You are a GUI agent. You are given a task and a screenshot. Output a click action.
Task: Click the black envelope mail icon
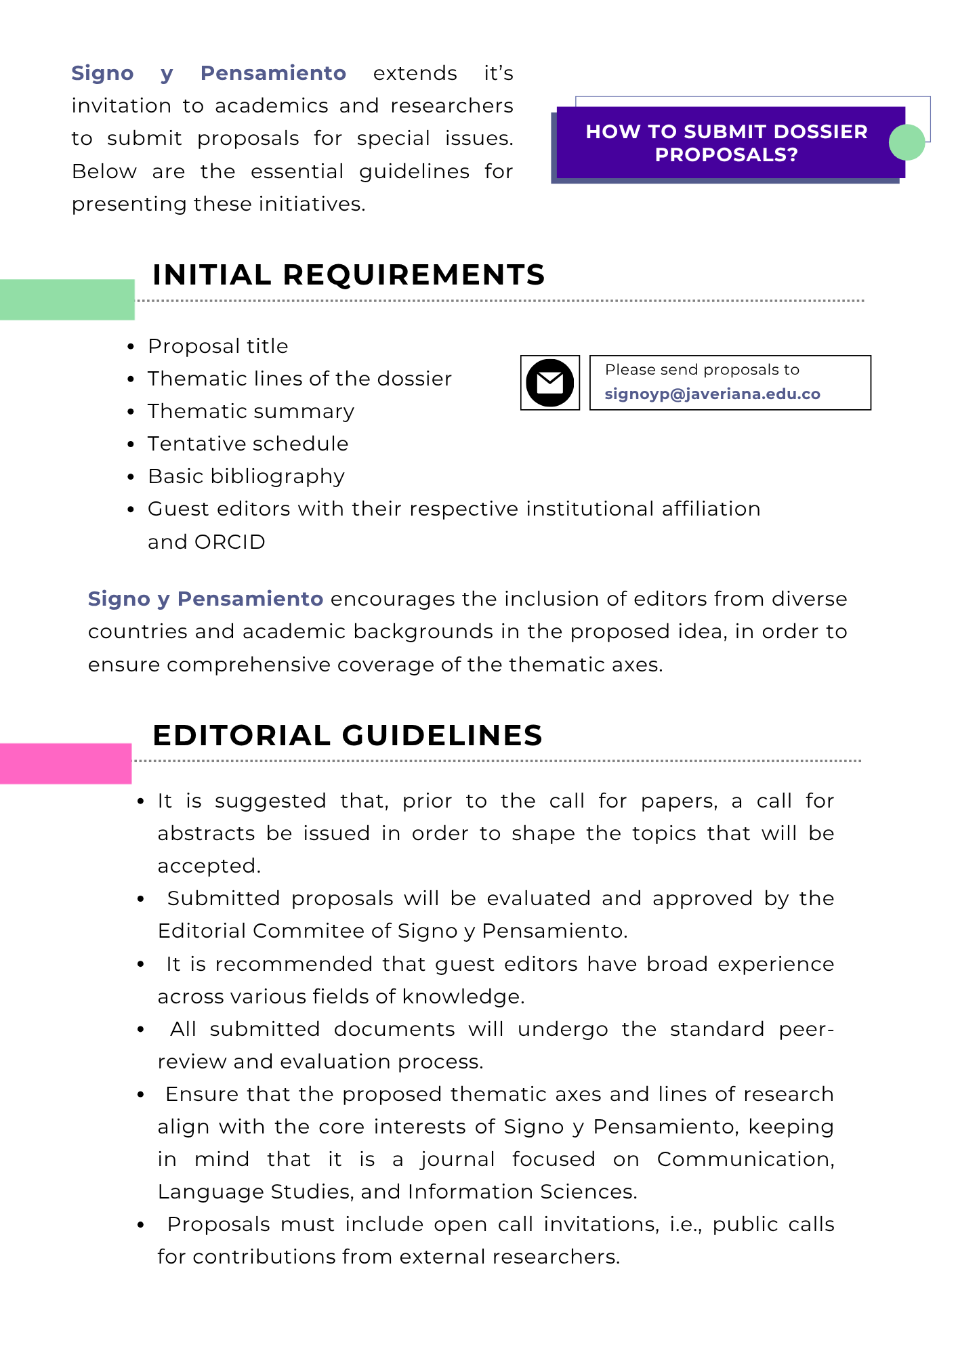(x=549, y=383)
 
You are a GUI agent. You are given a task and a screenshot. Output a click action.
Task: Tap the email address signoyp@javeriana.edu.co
(x=712, y=394)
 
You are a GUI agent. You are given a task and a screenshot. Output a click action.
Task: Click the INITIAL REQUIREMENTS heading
(x=348, y=275)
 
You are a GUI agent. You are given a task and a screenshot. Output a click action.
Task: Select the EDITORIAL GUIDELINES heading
(x=348, y=736)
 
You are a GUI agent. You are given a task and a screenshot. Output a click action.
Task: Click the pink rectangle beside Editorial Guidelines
(x=65, y=764)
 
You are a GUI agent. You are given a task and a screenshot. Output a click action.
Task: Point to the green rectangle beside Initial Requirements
(x=66, y=299)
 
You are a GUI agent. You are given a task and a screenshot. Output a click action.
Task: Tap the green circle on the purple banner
(x=907, y=142)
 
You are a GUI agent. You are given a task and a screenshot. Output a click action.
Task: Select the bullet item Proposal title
(x=218, y=346)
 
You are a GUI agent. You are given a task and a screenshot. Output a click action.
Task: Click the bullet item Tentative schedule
(x=248, y=444)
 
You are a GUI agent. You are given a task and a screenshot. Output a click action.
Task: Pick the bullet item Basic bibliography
(x=246, y=476)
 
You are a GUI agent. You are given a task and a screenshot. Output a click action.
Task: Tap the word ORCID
(x=230, y=542)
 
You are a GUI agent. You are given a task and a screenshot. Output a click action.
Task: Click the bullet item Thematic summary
(x=251, y=411)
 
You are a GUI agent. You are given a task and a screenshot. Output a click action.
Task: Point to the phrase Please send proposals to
(x=702, y=370)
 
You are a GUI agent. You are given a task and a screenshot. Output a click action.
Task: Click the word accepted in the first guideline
(x=209, y=866)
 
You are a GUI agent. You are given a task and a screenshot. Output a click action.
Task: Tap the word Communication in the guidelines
(x=745, y=1159)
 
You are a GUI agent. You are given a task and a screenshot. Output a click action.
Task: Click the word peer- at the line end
(x=806, y=1029)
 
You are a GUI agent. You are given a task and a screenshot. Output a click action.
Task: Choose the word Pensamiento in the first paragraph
(x=273, y=73)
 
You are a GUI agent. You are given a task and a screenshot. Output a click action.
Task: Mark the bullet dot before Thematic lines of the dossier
(x=131, y=379)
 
